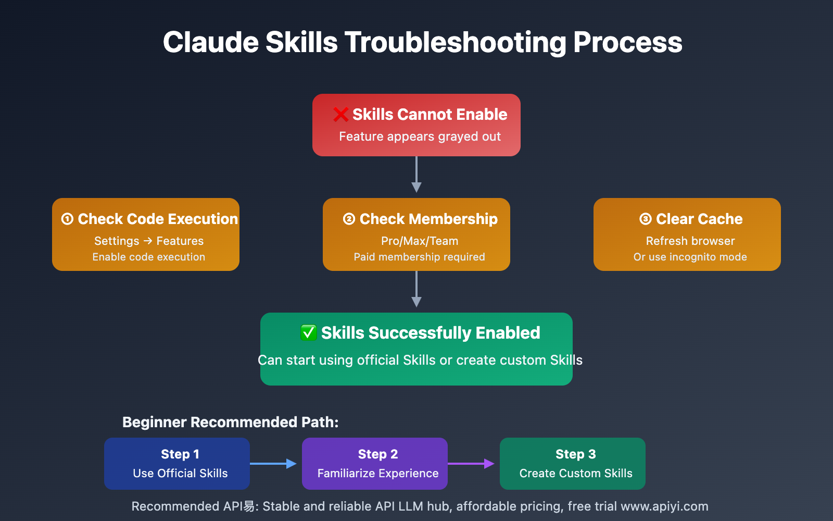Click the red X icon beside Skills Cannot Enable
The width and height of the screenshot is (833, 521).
tap(340, 115)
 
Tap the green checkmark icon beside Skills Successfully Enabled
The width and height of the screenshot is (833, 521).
tap(308, 332)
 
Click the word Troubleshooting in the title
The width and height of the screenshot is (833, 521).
tap(455, 42)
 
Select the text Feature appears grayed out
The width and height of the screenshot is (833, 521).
tap(420, 137)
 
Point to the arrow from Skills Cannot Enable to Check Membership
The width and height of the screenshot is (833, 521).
tap(416, 174)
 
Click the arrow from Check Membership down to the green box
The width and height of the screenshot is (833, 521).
tap(416, 289)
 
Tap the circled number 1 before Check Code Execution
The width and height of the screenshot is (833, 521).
tap(67, 219)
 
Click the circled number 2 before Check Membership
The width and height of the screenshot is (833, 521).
tap(349, 219)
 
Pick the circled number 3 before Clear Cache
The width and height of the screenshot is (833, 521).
tap(645, 219)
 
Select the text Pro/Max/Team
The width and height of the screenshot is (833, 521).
tap(420, 241)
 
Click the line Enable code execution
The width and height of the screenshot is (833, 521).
tap(149, 257)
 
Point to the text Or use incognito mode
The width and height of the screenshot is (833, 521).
tap(690, 257)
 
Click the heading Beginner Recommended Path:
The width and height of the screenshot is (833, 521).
tap(230, 422)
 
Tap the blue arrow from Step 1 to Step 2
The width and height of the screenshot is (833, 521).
tap(273, 464)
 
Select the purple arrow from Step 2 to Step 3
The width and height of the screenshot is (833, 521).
tap(471, 464)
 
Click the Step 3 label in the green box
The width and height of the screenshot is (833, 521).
tap(575, 454)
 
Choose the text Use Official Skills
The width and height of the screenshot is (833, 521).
tap(180, 473)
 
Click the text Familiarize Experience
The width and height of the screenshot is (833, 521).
tap(378, 473)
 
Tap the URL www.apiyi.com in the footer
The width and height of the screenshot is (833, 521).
tap(664, 506)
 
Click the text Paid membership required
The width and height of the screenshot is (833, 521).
tap(419, 257)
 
